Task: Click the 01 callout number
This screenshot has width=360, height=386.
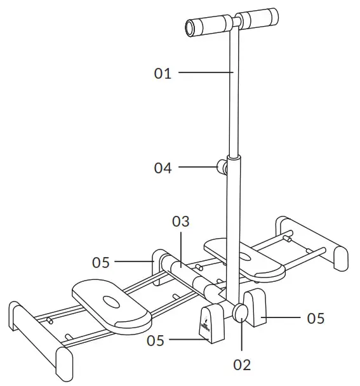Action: [x=163, y=74]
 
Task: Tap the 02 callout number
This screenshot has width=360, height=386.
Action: [x=242, y=364]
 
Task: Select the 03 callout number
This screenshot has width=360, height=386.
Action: [x=181, y=222]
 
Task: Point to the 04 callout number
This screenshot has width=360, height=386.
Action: [x=163, y=168]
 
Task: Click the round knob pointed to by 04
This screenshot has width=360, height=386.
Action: [x=222, y=168]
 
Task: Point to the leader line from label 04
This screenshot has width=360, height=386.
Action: [x=197, y=168]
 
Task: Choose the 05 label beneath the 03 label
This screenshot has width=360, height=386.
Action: [x=101, y=261]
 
